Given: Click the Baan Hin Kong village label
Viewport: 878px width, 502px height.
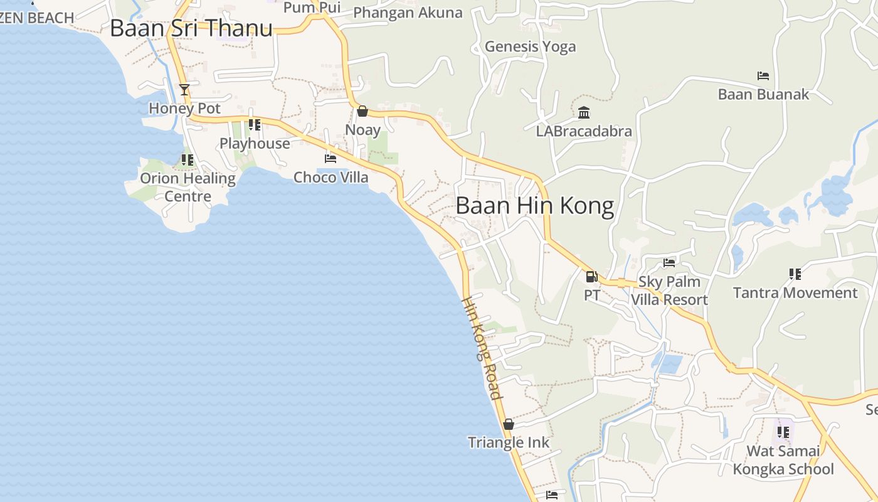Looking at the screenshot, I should [534, 206].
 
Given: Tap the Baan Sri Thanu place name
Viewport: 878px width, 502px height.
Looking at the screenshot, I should [191, 28].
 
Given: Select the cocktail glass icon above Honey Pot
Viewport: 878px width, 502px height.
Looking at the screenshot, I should [184, 90].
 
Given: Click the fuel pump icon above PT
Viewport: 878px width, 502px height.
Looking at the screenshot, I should [591, 276].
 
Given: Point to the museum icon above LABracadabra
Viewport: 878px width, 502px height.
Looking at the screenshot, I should [584, 113].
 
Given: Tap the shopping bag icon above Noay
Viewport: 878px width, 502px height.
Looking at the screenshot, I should [362, 112].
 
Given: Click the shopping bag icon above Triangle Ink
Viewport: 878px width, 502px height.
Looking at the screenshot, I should [509, 424].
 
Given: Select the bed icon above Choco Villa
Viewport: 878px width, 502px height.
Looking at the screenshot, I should [331, 158].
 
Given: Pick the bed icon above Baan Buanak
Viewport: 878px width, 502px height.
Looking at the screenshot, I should [763, 76].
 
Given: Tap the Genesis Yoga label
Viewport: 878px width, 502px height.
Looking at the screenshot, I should [530, 46].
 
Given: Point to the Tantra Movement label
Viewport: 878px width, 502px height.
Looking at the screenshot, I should [795, 293].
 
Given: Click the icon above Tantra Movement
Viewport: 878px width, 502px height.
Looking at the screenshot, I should [795, 274].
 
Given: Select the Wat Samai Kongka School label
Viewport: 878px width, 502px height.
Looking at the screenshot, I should [783, 460].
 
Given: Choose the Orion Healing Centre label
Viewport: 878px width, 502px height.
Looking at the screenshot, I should [188, 187].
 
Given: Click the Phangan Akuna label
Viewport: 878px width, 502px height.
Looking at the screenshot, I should [408, 13].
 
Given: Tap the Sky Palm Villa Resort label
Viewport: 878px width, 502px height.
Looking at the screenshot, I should [669, 291].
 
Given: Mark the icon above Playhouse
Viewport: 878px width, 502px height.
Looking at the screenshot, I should [255, 125].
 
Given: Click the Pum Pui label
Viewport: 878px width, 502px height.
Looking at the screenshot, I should [312, 8].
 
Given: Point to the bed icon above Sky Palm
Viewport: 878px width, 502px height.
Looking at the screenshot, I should [669, 262].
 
